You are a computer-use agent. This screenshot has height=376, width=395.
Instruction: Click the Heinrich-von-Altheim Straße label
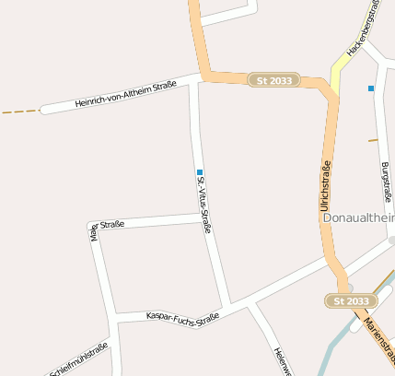(x=126, y=95)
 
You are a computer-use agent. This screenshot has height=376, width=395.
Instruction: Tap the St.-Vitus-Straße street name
(x=204, y=204)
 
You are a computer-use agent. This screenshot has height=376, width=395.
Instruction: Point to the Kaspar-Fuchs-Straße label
(x=182, y=317)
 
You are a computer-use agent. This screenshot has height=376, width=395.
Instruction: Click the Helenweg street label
(x=282, y=361)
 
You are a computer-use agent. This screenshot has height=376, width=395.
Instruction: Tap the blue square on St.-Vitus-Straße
(x=199, y=171)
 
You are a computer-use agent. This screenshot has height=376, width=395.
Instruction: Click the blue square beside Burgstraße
(x=371, y=88)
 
